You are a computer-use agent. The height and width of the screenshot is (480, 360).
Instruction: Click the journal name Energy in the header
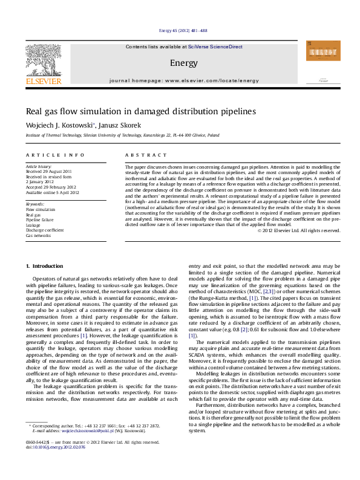point(180,63)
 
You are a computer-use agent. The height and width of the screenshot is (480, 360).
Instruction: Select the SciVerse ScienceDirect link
point(215,47)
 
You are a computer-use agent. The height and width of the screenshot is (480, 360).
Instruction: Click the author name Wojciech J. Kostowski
point(59,125)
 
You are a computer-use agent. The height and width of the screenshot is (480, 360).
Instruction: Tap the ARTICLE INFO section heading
point(54,155)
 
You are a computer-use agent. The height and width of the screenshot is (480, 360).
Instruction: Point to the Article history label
point(39,166)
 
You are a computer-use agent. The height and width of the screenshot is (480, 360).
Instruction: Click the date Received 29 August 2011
point(48,172)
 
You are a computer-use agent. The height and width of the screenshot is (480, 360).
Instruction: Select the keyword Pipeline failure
point(39,220)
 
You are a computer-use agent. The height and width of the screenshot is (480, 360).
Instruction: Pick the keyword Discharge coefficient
point(44,230)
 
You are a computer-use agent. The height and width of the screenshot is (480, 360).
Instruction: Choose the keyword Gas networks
point(38,236)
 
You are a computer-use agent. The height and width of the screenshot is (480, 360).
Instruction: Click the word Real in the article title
point(34,111)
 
